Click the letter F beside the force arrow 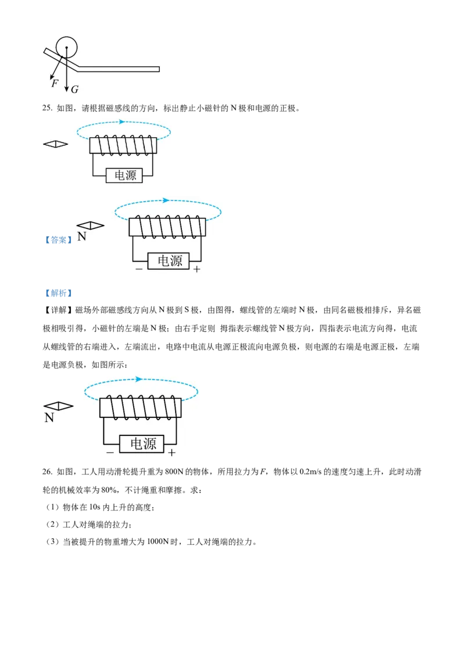pyautogui.click(x=55, y=84)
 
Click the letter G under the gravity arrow pyautogui.click(x=74, y=90)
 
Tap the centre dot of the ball pyautogui.click(x=67, y=47)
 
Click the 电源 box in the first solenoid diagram pyautogui.click(x=125, y=176)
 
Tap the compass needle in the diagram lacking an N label pyautogui.click(x=56, y=144)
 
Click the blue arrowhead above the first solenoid pyautogui.click(x=121, y=122)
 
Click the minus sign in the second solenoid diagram pyautogui.click(x=139, y=269)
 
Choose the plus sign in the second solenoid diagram pyautogui.click(x=197, y=269)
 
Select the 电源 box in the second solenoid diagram pyautogui.click(x=169, y=261)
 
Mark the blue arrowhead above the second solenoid pyautogui.click(x=166, y=201)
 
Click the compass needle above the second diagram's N pyautogui.click(x=91, y=226)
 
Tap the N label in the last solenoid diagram pyautogui.click(x=49, y=417)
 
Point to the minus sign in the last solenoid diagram pyautogui.click(x=110, y=452)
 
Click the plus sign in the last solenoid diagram pyautogui.click(x=171, y=452)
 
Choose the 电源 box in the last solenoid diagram pyautogui.click(x=142, y=444)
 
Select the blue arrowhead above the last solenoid pyautogui.click(x=139, y=380)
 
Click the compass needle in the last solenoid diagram pyautogui.click(x=59, y=406)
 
